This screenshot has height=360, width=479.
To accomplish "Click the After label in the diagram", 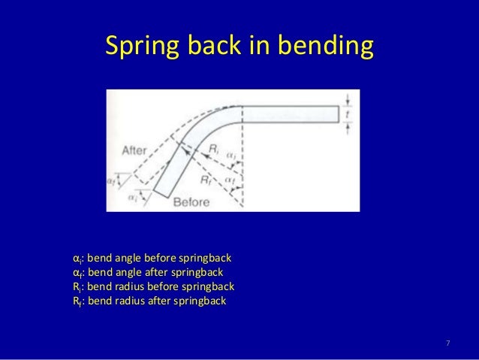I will (x=137, y=150).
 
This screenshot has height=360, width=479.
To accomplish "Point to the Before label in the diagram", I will (x=196, y=201).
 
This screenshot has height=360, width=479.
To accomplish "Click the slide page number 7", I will (x=448, y=343).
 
